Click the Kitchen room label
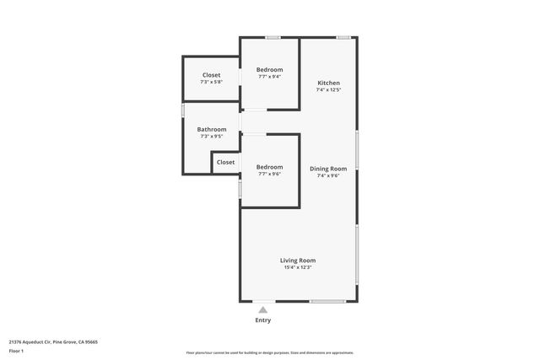pos(328,83)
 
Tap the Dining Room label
pos(328,169)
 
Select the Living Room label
pos(298,261)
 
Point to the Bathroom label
pos(212,129)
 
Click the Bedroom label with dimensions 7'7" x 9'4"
pos(270,69)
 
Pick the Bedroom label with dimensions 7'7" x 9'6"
pos(270,167)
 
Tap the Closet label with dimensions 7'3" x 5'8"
pos(211,75)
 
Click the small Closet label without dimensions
pos(225,162)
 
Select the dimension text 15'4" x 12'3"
pos(298,267)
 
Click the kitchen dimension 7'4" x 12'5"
pos(328,89)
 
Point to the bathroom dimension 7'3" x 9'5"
pos(212,136)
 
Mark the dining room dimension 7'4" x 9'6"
pos(328,175)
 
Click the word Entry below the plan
pos(263,321)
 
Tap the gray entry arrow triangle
pos(263,310)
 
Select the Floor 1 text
pos(16,350)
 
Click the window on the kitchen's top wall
pos(344,37)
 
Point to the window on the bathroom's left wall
pos(183,110)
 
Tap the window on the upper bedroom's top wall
pos(273,37)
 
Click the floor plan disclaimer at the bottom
pos(270,352)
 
